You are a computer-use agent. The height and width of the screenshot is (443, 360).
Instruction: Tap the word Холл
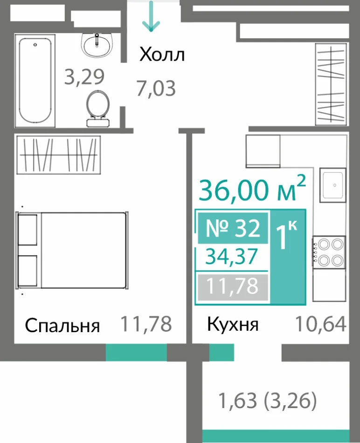tap(162, 55)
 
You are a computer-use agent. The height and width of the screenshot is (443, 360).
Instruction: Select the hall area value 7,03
tap(156, 89)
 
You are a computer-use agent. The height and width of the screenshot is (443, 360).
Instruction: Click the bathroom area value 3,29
tap(84, 76)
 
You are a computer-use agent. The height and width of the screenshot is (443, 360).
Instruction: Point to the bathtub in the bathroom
tap(35, 81)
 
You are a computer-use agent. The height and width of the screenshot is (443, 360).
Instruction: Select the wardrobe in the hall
tap(331, 84)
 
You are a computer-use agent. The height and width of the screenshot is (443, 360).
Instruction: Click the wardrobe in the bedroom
tap(59, 155)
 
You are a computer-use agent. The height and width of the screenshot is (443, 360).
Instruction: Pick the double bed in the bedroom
tap(72, 250)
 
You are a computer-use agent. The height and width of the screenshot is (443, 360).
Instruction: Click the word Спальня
tap(62, 326)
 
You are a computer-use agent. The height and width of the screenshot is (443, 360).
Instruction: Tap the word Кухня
tap(233, 324)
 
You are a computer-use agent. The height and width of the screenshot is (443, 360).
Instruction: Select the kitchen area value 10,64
tap(321, 324)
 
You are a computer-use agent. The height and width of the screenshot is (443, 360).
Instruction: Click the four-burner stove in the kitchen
tap(329, 252)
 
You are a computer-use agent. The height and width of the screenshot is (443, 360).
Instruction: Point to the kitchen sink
tap(333, 185)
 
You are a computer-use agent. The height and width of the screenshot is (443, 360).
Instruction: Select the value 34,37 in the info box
tap(231, 256)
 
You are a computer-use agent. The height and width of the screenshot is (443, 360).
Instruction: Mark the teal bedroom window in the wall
tap(136, 352)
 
